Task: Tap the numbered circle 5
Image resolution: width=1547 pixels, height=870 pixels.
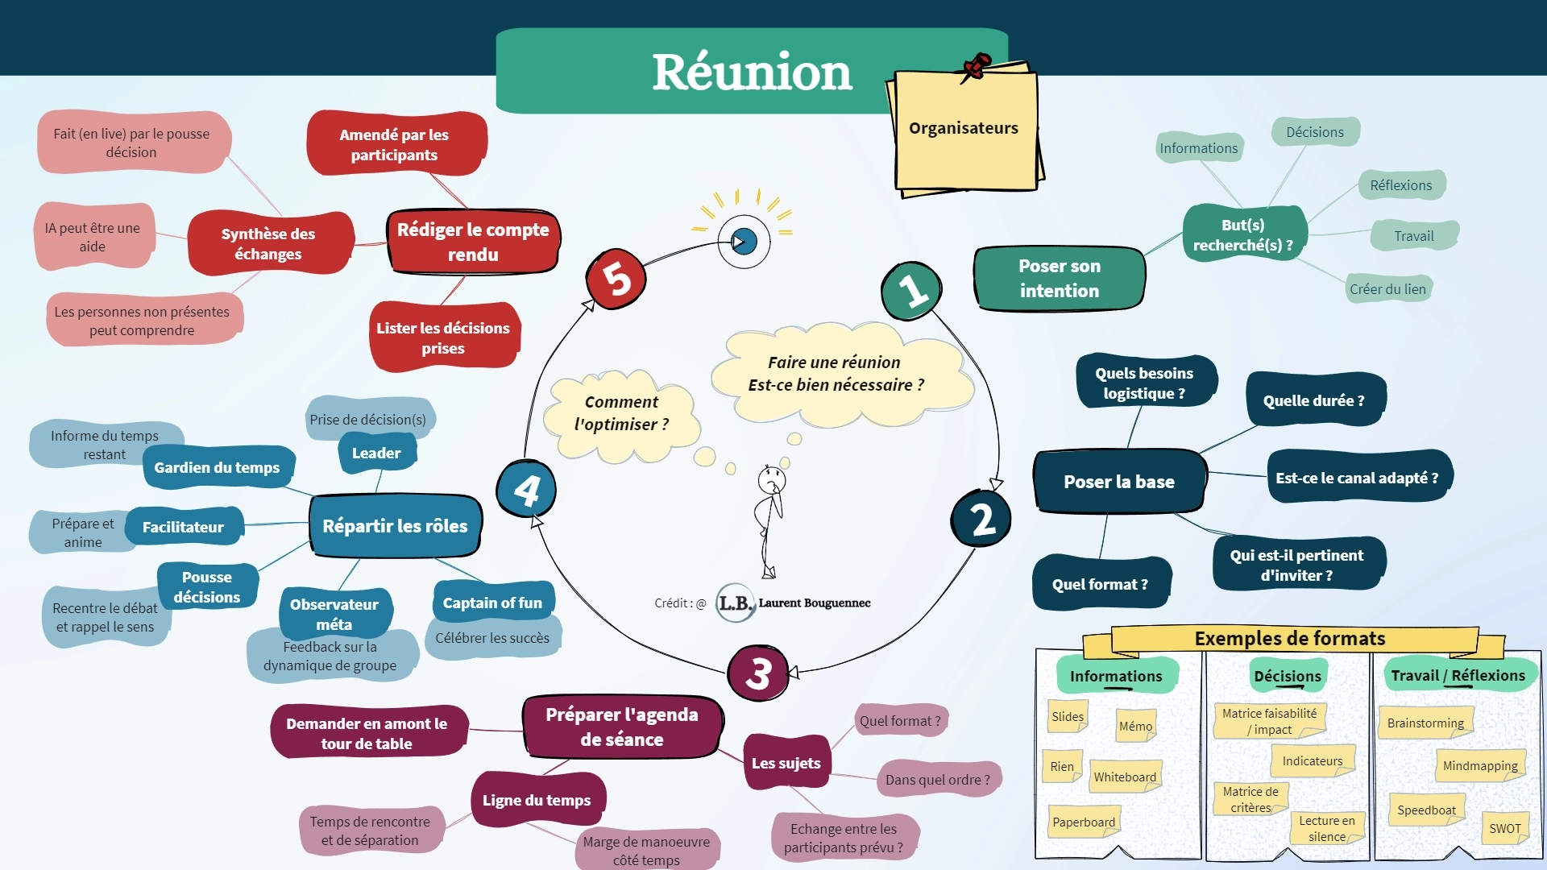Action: (616, 279)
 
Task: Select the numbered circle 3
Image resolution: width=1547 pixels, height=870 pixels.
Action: (758, 673)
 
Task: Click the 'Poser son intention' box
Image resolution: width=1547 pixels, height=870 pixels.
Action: (1059, 279)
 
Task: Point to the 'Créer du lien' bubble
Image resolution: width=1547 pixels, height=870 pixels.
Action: (1387, 289)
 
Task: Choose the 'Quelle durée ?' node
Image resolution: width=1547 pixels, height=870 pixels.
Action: (1314, 400)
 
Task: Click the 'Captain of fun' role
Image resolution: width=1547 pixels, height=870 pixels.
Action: (492, 603)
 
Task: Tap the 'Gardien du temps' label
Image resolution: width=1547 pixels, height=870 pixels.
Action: (217, 467)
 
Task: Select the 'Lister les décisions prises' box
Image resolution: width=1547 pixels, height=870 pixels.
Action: (443, 338)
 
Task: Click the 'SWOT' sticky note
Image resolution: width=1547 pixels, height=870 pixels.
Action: (1504, 828)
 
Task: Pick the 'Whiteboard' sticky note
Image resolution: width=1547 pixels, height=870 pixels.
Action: (1125, 777)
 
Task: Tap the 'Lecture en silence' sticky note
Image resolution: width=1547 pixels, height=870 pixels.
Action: (1326, 828)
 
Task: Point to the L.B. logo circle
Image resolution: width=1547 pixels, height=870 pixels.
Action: (735, 603)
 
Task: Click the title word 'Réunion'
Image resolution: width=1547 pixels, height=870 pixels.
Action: (752, 72)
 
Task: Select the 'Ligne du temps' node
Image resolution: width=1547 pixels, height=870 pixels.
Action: (537, 800)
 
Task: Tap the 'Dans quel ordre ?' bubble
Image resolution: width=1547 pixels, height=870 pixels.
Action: (937, 779)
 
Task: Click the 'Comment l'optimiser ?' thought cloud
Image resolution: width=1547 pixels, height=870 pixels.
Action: (621, 413)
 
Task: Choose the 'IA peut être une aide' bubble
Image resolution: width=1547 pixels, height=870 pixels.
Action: (93, 237)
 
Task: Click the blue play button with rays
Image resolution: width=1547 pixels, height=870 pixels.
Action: (744, 241)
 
